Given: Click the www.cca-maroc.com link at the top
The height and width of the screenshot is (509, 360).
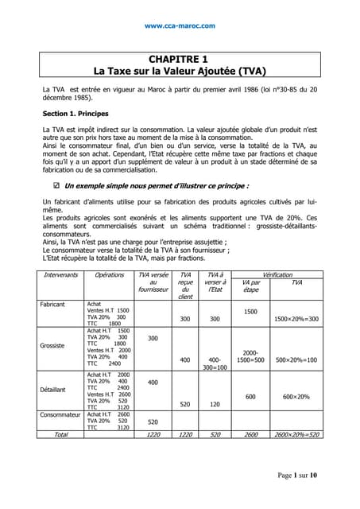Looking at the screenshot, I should pyautogui.click(x=180, y=25).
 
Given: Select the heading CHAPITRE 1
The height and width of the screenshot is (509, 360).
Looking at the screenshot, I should pyautogui.click(x=180, y=59).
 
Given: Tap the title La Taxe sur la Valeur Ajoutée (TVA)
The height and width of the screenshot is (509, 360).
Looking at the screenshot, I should pyautogui.click(x=180, y=71).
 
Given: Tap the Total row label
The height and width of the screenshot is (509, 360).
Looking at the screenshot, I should pyautogui.click(x=60, y=435).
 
